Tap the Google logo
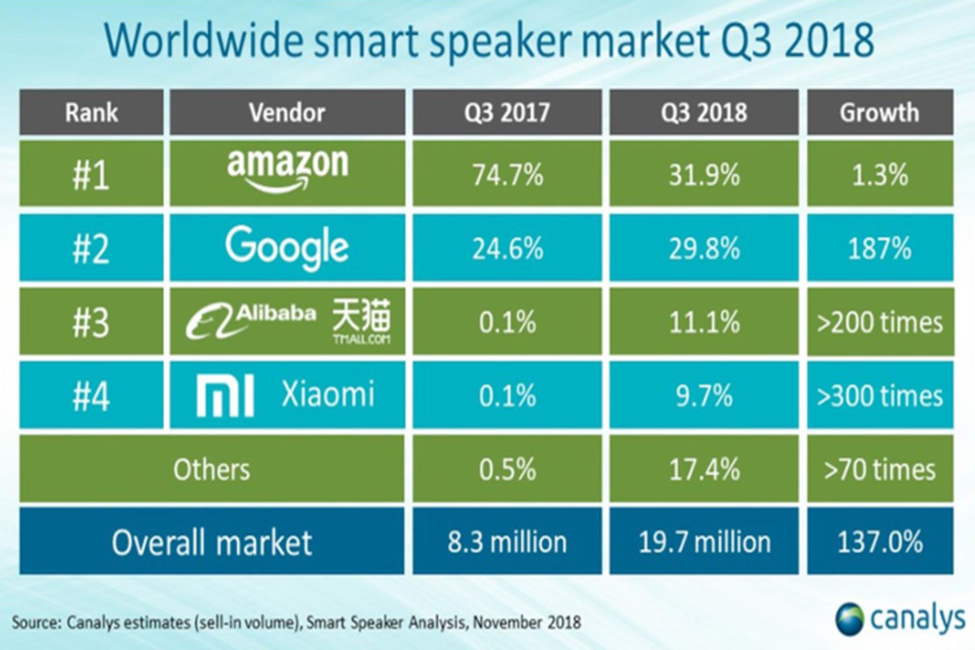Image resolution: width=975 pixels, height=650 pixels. click(287, 248)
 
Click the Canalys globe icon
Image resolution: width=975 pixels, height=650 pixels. click(850, 619)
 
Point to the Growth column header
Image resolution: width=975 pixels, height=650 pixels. click(880, 112)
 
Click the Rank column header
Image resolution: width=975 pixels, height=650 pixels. click(91, 112)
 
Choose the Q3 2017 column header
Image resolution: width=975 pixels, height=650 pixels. click(507, 112)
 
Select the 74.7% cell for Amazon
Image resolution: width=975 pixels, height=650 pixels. click(507, 174)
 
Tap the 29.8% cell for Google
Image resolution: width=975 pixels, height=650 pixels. click(704, 248)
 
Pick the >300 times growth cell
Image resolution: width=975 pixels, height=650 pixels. click(880, 396)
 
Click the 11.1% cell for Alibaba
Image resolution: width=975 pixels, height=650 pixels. click(704, 322)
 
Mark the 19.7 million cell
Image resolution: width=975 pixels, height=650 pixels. click(704, 541)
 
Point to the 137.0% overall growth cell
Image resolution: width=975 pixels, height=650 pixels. click(880, 541)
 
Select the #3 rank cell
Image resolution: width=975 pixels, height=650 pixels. click(91, 322)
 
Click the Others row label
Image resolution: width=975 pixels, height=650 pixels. click(212, 469)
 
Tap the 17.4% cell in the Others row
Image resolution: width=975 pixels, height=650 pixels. click(704, 468)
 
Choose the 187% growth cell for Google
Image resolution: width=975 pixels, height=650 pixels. click(880, 248)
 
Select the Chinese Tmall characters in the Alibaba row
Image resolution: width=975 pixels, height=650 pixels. click(362, 315)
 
